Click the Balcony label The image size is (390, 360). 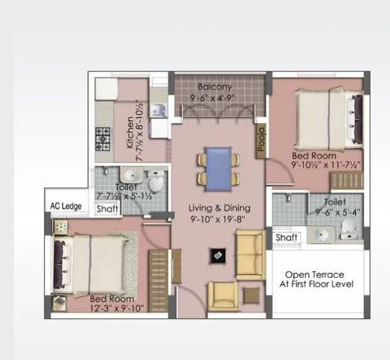pos(216,87)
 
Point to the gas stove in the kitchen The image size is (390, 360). pos(104,138)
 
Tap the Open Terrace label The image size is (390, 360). pos(315,275)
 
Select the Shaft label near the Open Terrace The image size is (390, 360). pos(286,238)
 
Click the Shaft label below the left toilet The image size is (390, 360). pos(108,209)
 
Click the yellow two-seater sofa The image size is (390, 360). pos(249,254)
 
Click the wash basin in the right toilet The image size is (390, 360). pos(320,233)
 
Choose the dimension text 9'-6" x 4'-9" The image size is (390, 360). pos(215,98)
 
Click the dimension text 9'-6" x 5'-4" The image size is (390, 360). pos(335,212)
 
